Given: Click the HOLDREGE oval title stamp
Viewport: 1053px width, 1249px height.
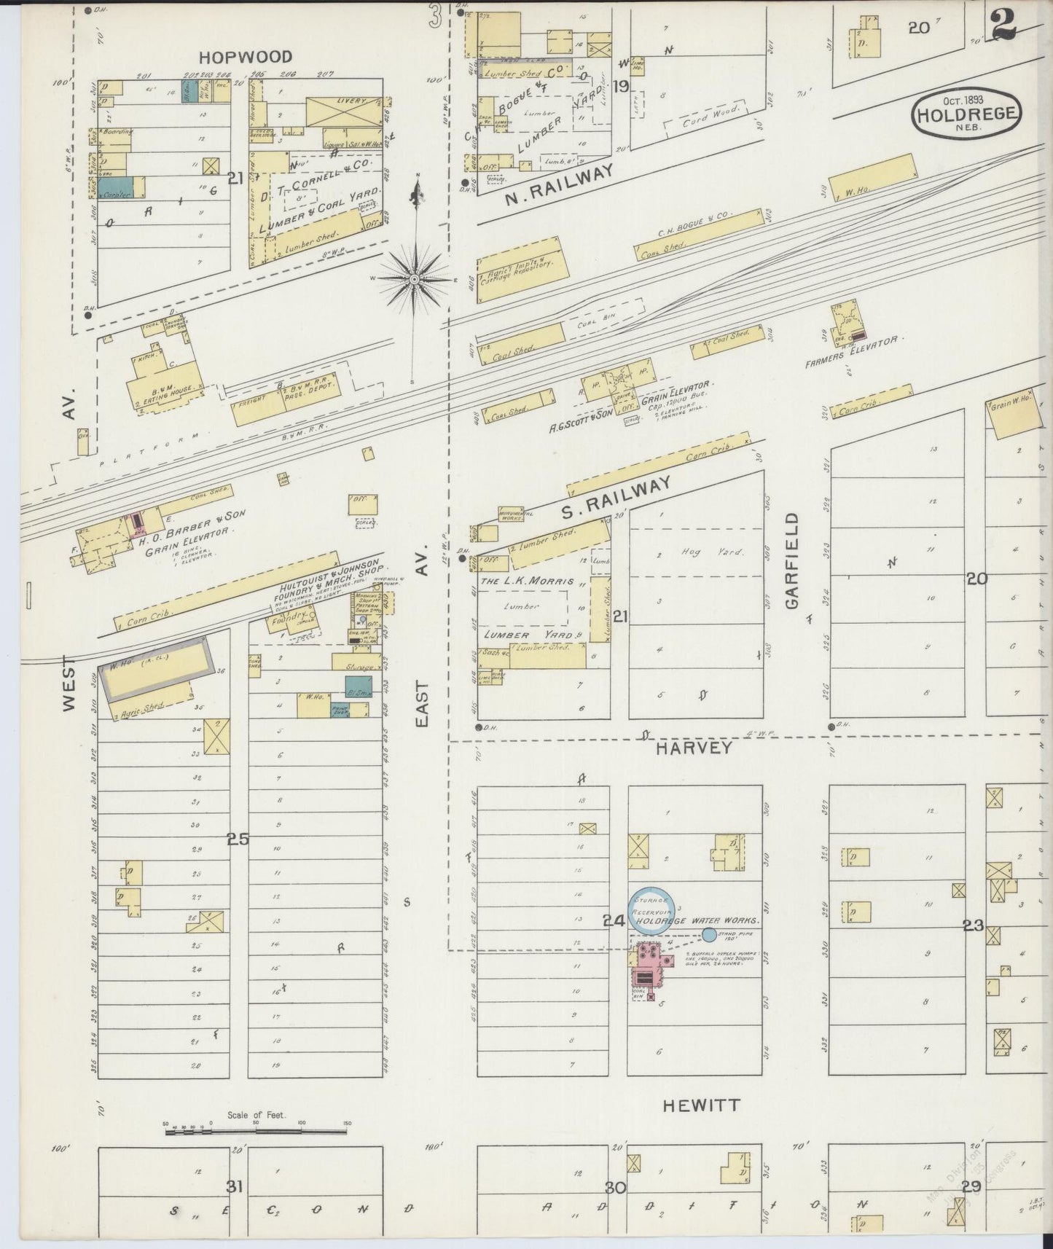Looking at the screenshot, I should [x=968, y=114].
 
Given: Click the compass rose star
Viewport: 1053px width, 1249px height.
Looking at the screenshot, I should [x=414, y=278].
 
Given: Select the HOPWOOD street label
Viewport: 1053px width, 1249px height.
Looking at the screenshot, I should [x=246, y=57].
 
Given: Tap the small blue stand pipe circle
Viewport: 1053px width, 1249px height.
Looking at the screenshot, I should [x=708, y=934].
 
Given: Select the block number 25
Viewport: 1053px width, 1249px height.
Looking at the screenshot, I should [x=238, y=839].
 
